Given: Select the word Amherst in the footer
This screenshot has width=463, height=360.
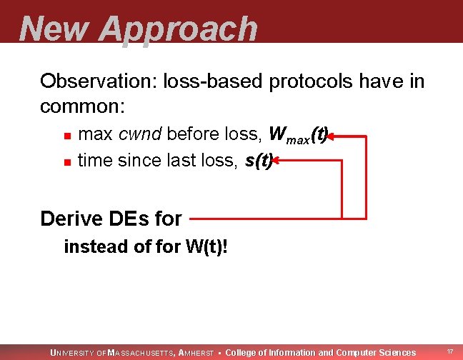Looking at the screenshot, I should pos(196,353).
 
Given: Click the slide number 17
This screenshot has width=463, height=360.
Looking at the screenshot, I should pos(449,352).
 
